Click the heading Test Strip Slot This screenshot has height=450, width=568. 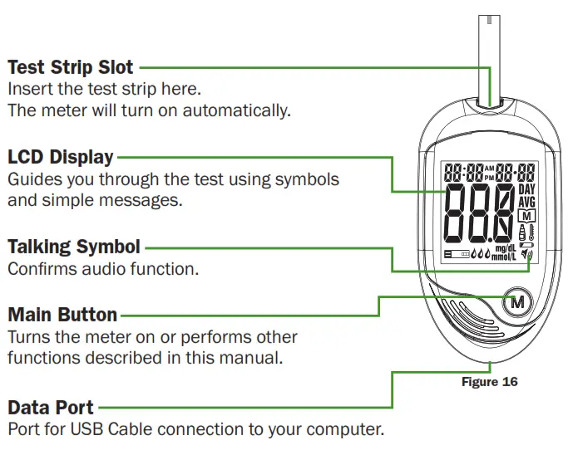pyautogui.click(x=71, y=66)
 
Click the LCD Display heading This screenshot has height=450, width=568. pyautogui.click(x=61, y=157)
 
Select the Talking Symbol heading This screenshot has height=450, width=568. pyautogui.click(x=74, y=247)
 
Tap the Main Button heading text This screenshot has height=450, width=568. pyautogui.click(x=62, y=315)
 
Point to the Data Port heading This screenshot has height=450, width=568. pyautogui.click(x=51, y=408)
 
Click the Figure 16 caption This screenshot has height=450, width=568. pyautogui.click(x=489, y=382)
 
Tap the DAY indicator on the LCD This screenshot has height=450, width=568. pyautogui.click(x=527, y=189)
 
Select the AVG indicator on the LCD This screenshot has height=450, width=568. pyautogui.click(x=527, y=202)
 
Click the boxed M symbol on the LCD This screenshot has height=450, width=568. pyautogui.click(x=526, y=216)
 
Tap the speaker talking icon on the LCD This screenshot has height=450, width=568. pyautogui.click(x=526, y=255)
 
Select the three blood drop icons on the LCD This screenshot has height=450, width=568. pyautogui.click(x=480, y=255)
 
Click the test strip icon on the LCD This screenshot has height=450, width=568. pyautogui.click(x=456, y=255)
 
